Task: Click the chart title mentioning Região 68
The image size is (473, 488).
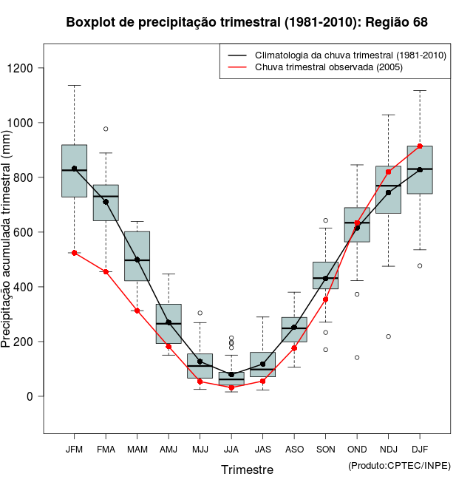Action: pyautogui.click(x=247, y=22)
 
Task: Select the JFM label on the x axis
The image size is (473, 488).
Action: pyautogui.click(x=74, y=450)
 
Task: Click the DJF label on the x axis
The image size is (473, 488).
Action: pyautogui.click(x=420, y=450)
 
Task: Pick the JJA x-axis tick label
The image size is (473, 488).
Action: pyautogui.click(x=231, y=450)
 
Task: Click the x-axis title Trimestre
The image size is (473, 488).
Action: pyautogui.click(x=247, y=470)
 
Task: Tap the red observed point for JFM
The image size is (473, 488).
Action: pyautogui.click(x=74, y=253)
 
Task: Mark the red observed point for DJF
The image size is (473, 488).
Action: pyautogui.click(x=420, y=146)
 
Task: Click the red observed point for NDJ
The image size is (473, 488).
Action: pyautogui.click(x=388, y=172)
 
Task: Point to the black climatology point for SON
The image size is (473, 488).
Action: pyautogui.click(x=325, y=279)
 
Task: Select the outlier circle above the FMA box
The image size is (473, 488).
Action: pyautogui.click(x=106, y=129)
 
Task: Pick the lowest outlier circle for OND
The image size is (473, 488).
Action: pyautogui.click(x=357, y=357)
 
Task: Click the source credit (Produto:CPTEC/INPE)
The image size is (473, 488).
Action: pyautogui.click(x=399, y=465)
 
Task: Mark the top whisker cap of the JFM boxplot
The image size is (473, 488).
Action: pyautogui.click(x=74, y=85)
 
